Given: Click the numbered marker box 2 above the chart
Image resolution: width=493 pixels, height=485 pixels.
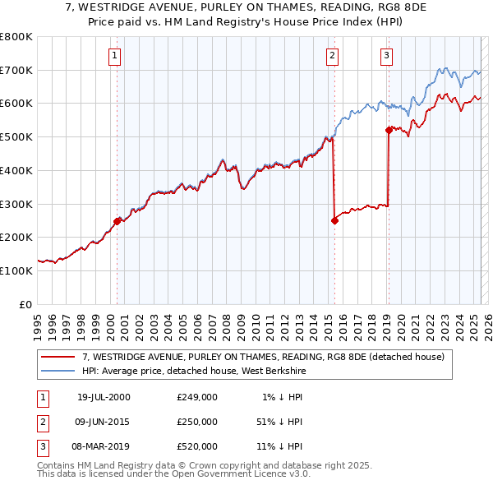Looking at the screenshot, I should coord(332,56).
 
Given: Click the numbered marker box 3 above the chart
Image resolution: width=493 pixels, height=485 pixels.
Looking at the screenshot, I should coord(386,56).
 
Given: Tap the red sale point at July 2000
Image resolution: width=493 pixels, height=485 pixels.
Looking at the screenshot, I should coord(117,220).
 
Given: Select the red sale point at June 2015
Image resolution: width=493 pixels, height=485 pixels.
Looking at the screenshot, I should coord(334,220).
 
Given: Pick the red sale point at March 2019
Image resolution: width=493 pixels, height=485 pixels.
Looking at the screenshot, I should coord(389,130).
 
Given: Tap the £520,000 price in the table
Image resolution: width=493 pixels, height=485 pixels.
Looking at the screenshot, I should coord(197,446).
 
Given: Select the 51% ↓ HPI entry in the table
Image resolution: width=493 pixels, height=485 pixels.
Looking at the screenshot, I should coord(279,422).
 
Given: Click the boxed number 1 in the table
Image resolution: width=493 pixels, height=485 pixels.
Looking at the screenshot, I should coord(42,397).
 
